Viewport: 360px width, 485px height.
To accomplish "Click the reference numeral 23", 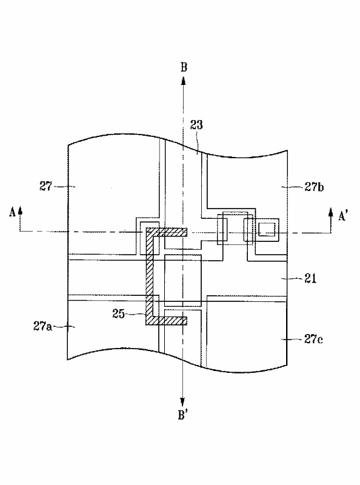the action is click(x=196, y=125).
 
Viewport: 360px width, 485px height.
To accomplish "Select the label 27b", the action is click(x=314, y=187).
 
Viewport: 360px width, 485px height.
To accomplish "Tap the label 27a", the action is click(x=42, y=326).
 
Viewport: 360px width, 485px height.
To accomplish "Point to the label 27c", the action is click(x=313, y=339).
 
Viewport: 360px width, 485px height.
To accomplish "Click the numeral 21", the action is click(x=310, y=279).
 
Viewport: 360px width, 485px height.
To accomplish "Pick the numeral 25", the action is click(x=118, y=314).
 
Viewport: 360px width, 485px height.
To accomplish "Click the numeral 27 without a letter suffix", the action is click(x=46, y=186).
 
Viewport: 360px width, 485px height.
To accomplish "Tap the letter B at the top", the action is click(x=184, y=67).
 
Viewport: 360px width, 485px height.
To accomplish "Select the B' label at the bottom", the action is click(x=183, y=415).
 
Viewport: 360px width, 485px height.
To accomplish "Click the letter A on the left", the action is click(x=12, y=213).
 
